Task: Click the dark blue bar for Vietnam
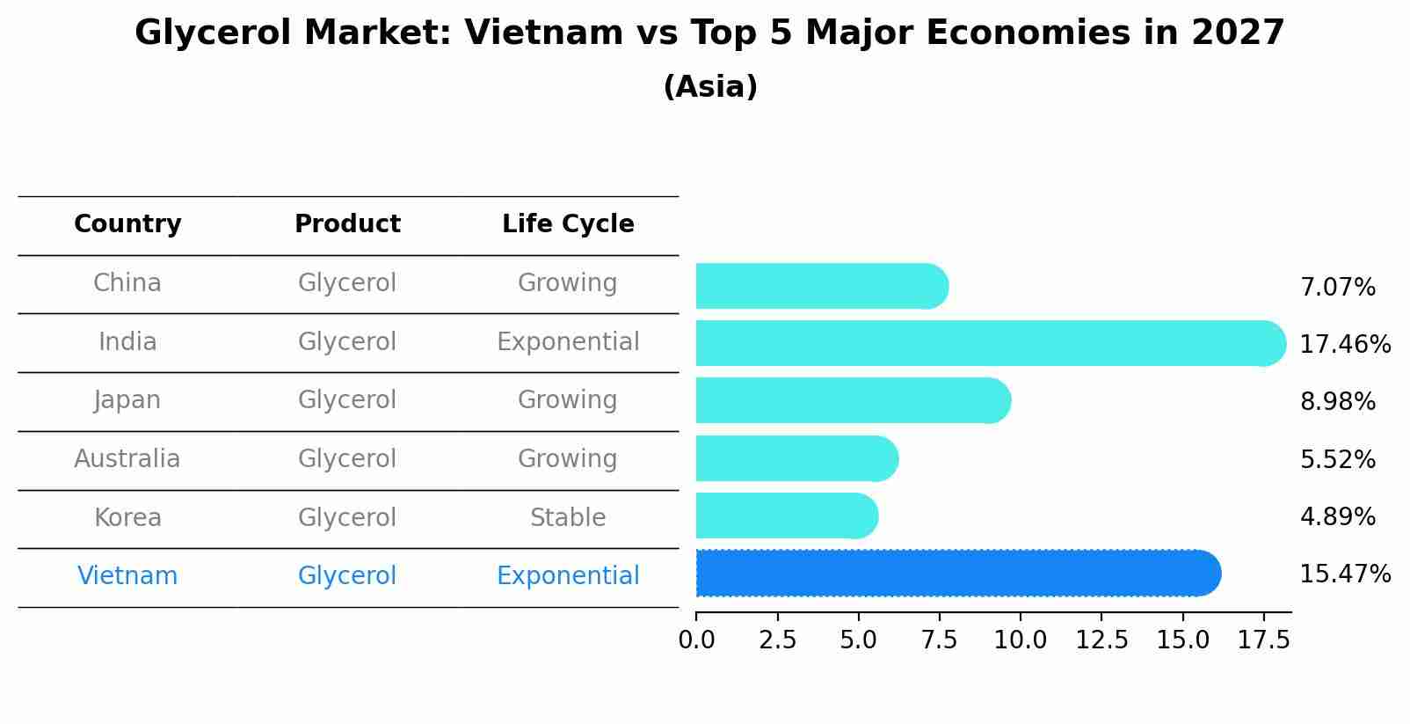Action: (958, 573)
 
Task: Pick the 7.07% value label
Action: (1337, 288)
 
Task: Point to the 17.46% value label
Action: (1345, 344)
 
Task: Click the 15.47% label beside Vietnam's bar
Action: (1345, 574)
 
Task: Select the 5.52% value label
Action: (1337, 459)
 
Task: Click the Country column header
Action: (127, 224)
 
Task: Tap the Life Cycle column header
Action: (568, 224)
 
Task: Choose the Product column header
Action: (347, 224)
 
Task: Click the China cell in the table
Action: (127, 283)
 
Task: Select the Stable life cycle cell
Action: (568, 517)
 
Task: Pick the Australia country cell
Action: (127, 459)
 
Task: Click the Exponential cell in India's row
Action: (568, 342)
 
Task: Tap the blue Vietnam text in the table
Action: (127, 576)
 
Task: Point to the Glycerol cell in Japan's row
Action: (347, 400)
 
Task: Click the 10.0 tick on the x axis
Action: (1020, 640)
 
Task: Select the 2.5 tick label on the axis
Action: (777, 640)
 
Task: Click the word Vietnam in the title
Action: (544, 33)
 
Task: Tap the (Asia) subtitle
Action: (710, 87)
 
